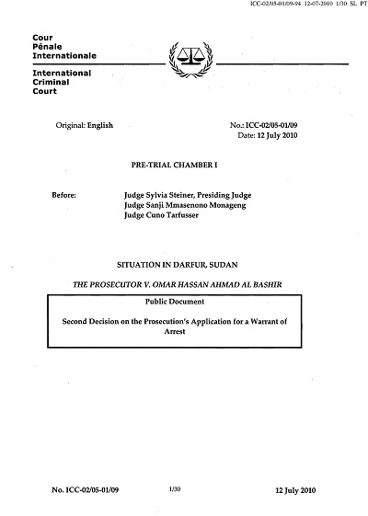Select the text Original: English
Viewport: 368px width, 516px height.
[x=88, y=135]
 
